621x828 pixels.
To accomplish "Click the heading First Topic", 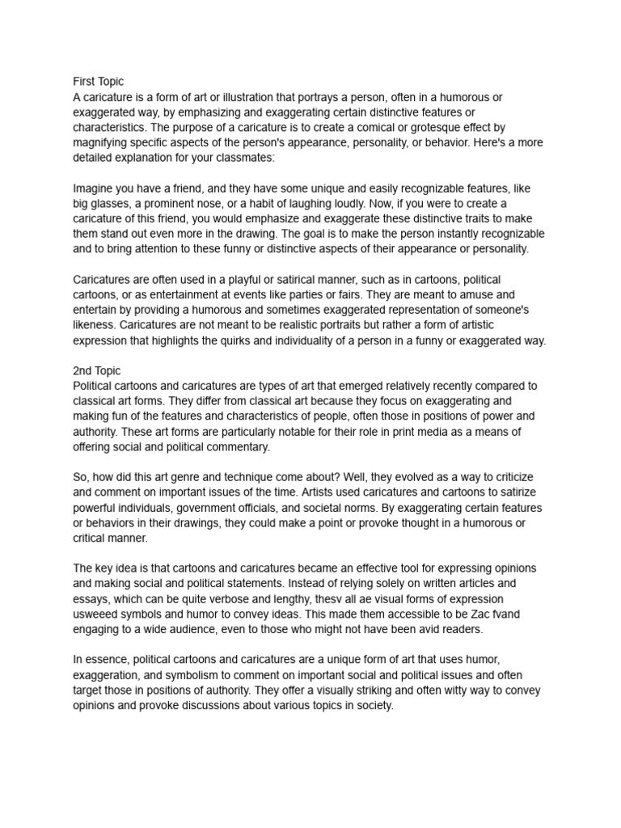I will point(98,82).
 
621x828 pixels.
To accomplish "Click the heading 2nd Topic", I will point(97,370).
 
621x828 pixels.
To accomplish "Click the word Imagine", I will point(95,188).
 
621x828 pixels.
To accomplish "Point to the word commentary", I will point(238,446).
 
